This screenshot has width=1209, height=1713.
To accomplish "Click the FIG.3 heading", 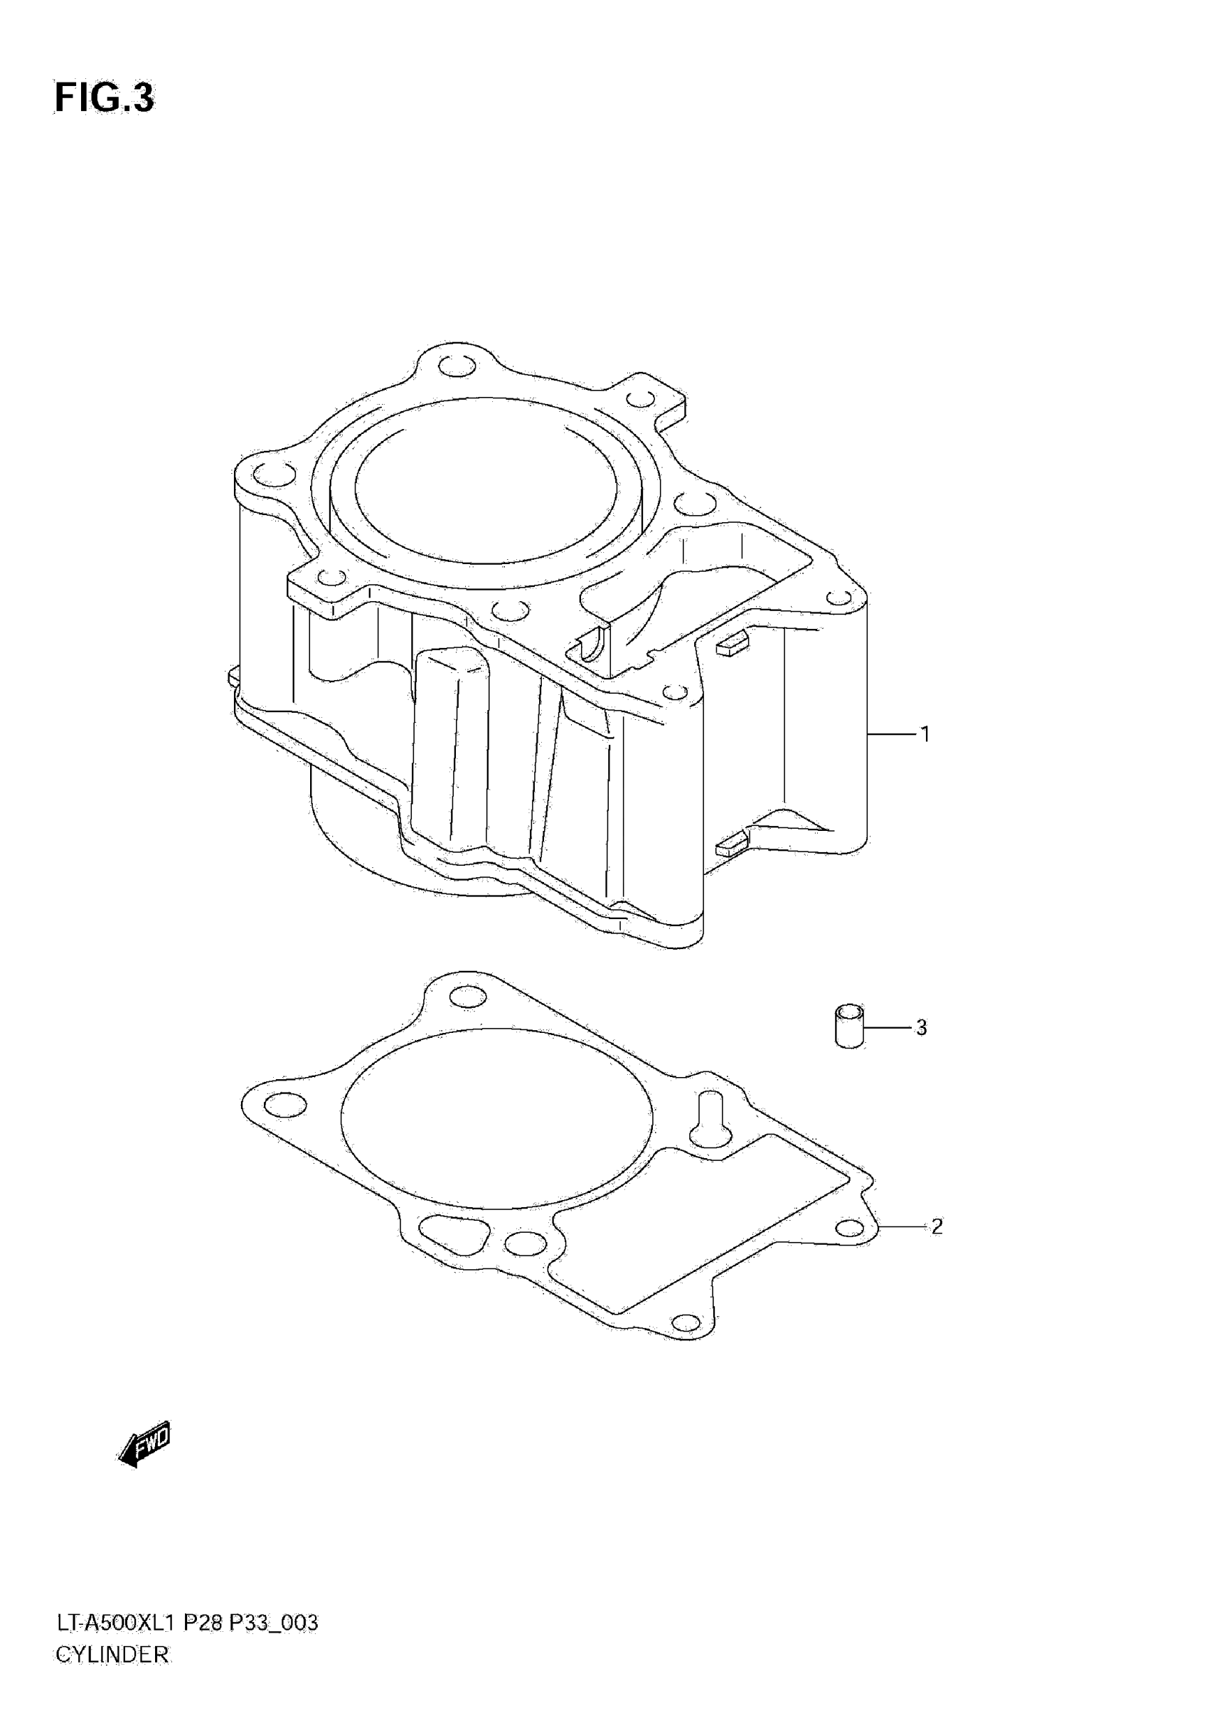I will tap(104, 98).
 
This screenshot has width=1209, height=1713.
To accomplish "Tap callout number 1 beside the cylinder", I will tap(925, 734).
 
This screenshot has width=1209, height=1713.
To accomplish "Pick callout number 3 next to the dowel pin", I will tap(921, 1027).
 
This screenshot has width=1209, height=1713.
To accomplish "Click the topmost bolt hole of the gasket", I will tap(469, 997).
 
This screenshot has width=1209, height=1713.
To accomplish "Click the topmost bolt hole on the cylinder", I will tap(457, 367).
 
